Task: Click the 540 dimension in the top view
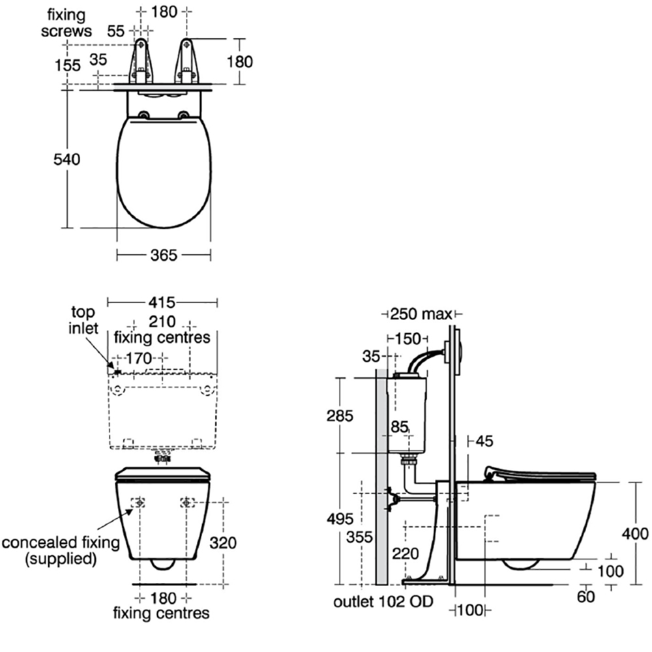68,159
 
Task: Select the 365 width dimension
163,256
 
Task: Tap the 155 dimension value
68,65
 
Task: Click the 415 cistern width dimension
162,303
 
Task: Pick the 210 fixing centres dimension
162,321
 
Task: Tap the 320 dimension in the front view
224,542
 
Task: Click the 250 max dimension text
421,314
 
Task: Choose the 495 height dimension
340,519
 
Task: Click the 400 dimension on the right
635,533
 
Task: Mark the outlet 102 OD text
383,601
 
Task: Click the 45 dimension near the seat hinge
484,441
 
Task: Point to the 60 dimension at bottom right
586,596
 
